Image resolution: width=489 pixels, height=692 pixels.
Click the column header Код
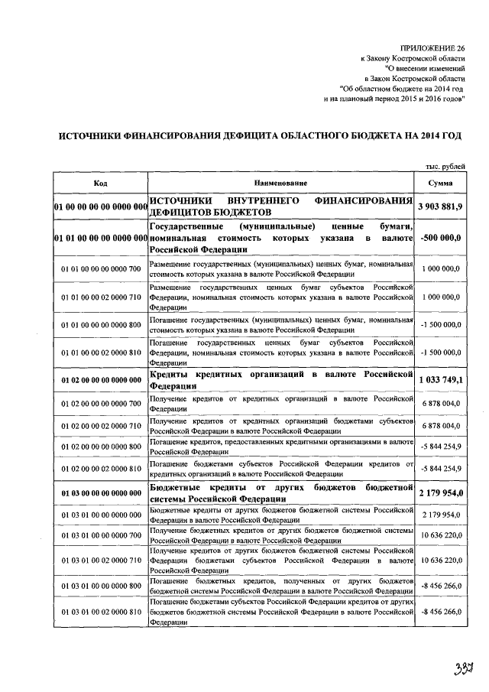[100, 184]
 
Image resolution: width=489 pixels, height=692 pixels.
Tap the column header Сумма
[440, 184]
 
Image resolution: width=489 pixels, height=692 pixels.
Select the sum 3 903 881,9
[440, 207]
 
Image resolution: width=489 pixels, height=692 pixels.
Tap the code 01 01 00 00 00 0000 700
[100, 269]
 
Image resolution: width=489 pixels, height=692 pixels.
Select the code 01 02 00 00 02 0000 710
[100, 425]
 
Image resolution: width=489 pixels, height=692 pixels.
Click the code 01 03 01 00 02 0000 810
[100, 613]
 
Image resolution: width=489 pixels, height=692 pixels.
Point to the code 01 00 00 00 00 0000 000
[100, 207]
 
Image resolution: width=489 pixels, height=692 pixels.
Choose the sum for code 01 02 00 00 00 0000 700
[440, 403]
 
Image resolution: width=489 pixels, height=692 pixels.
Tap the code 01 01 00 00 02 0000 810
[100, 352]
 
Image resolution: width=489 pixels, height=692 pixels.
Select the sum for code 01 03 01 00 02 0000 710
[440, 560]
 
